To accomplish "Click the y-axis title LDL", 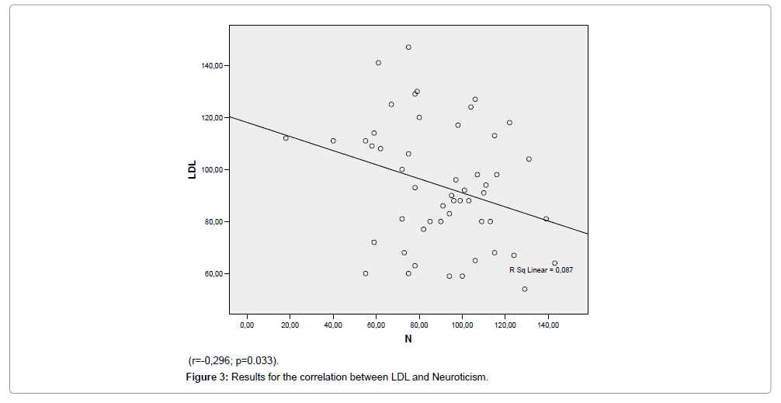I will pyautogui.click(x=193, y=170).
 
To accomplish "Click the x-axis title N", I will pyautogui.click(x=408, y=339).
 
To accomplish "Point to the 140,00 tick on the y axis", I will pyautogui.click(x=212, y=65).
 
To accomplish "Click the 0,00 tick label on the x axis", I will pyautogui.click(x=247, y=324).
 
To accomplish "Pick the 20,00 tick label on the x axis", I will pyautogui.click(x=290, y=324).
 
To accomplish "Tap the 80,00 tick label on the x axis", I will pyautogui.click(x=418, y=324).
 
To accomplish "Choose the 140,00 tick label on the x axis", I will pyautogui.click(x=547, y=324).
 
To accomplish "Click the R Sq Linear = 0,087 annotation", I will pyautogui.click(x=541, y=270).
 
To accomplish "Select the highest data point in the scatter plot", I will pyautogui.click(x=408, y=47).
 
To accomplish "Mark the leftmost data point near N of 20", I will pyautogui.click(x=286, y=138).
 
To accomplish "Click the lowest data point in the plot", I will pyautogui.click(x=525, y=289).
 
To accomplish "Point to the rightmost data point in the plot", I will pyautogui.click(x=555, y=263).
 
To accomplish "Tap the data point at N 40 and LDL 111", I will pyautogui.click(x=333, y=141).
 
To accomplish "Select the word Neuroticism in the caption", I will pyautogui.click(x=460, y=377).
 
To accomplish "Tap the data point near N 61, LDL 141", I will pyautogui.click(x=378, y=63).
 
